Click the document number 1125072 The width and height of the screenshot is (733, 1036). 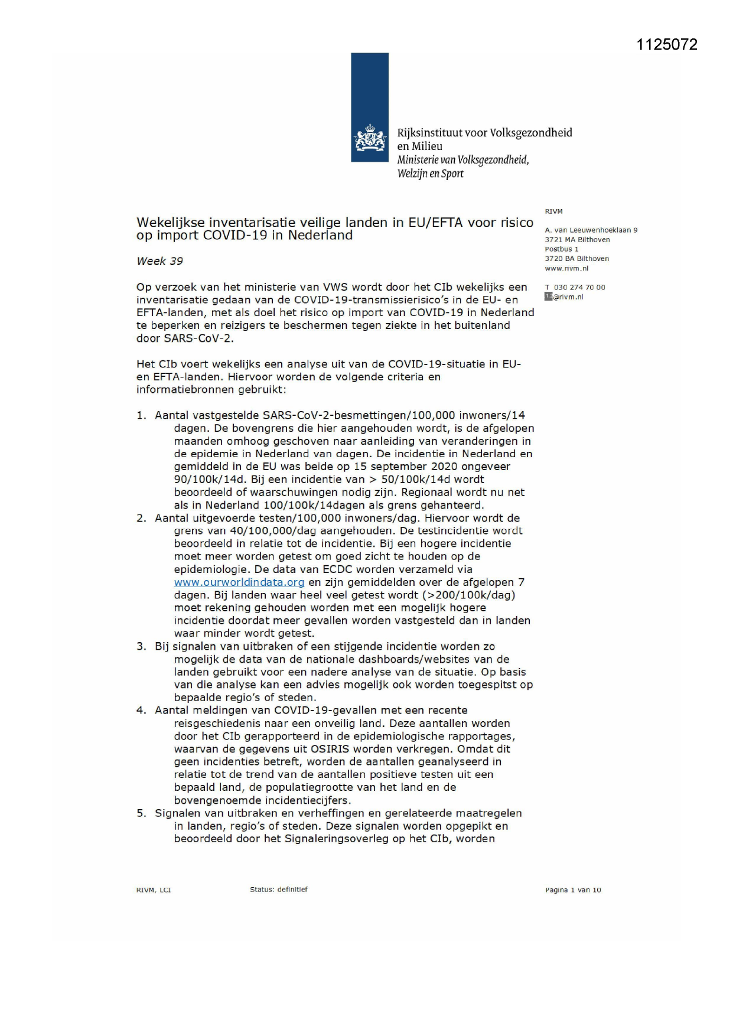(666, 45)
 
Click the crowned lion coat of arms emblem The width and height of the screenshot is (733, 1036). (370, 138)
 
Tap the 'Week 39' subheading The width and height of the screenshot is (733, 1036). (159, 261)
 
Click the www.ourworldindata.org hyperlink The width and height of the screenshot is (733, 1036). (239, 582)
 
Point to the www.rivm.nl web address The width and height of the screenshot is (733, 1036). (566, 268)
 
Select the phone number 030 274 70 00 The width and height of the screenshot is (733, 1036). (579, 288)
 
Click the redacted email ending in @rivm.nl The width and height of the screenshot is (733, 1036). (564, 297)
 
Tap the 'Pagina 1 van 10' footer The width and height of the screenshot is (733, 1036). (572, 890)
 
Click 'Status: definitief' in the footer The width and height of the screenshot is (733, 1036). (278, 890)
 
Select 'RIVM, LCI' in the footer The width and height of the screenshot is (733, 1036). (154, 890)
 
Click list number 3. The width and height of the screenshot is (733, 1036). (141, 647)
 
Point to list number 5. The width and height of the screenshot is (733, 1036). (141, 814)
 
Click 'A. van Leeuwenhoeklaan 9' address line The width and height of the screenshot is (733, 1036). (591, 230)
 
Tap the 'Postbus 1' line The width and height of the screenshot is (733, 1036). (561, 249)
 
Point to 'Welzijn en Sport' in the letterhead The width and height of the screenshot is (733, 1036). (430, 174)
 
